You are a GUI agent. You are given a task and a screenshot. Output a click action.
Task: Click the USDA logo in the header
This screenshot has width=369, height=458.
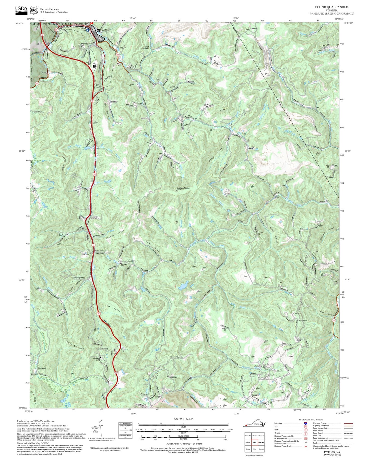(x=21, y=10)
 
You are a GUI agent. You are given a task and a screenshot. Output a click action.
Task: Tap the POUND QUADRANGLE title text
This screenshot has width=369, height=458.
(x=331, y=7)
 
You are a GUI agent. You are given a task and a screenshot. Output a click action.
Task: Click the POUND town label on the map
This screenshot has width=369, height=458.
(x=110, y=33)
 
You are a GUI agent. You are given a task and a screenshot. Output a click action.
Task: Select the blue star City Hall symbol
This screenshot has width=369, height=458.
(x=88, y=30)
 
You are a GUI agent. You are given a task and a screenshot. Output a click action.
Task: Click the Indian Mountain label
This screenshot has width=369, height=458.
(x=75, y=345)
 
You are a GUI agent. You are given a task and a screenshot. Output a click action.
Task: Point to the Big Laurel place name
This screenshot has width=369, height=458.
(x=42, y=368)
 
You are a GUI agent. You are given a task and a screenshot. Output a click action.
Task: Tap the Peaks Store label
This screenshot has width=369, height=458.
(x=99, y=251)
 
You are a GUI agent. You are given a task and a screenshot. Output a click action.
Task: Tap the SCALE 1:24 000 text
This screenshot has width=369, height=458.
(x=183, y=419)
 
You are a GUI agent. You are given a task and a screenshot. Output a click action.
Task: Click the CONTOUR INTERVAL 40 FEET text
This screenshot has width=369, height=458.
(x=183, y=444)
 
